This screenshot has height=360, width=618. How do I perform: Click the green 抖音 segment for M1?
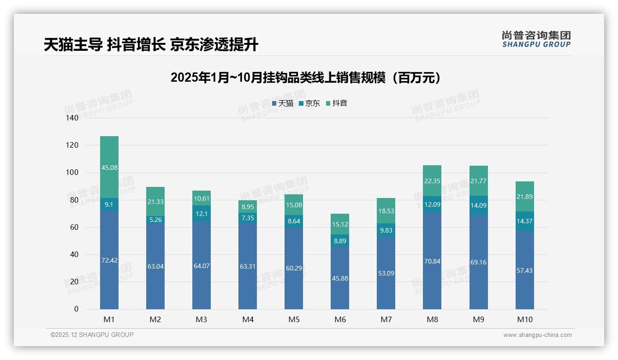(x=109, y=167)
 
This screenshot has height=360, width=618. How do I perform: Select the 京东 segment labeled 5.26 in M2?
(x=155, y=220)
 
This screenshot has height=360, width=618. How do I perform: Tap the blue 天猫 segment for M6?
(x=340, y=278)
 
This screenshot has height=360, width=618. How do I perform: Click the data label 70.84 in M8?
(x=432, y=261)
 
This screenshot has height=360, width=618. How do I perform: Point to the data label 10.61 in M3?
(x=202, y=198)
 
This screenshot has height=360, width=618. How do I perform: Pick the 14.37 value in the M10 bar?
(x=524, y=221)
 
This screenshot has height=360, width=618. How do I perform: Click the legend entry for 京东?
(x=309, y=103)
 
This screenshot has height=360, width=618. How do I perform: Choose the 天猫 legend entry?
(x=283, y=103)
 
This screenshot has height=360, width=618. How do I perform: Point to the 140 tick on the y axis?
(x=72, y=118)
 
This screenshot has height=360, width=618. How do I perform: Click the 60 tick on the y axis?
(x=74, y=227)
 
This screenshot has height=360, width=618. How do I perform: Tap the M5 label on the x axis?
(x=294, y=319)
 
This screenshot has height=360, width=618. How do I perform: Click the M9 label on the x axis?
(x=478, y=319)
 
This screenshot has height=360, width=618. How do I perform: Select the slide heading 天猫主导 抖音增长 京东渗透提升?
(x=151, y=45)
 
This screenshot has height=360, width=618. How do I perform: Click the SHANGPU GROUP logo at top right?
(x=536, y=39)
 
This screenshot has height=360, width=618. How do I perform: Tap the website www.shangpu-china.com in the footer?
(x=537, y=335)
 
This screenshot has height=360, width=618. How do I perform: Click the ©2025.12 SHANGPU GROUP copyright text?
(x=92, y=335)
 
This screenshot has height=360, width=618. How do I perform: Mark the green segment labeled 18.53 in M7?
(x=386, y=210)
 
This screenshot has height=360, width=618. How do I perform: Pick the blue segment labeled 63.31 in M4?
(x=248, y=266)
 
